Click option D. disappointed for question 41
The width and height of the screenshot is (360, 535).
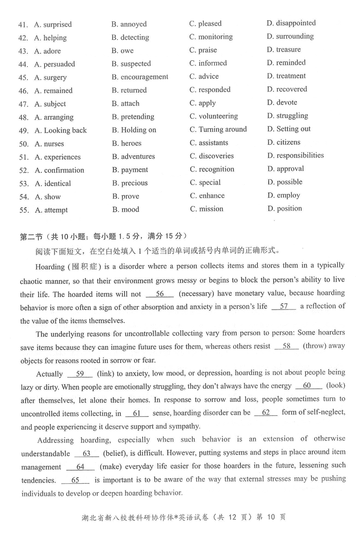(291, 23)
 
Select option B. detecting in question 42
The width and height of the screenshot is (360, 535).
(130, 37)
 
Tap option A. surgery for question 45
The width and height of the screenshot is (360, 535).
(50, 77)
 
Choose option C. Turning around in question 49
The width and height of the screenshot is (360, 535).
(218, 130)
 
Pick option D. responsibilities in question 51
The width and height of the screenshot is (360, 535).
(295, 156)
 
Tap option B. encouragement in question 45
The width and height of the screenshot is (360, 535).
(140, 77)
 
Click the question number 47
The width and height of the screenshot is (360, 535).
(24, 104)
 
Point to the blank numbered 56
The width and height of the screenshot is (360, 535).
(160, 294)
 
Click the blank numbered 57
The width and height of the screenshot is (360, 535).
(284, 307)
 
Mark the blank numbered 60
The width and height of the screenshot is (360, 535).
(308, 386)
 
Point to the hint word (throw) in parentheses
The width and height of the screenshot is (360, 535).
(315, 346)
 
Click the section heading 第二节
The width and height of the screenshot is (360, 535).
(31, 237)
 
